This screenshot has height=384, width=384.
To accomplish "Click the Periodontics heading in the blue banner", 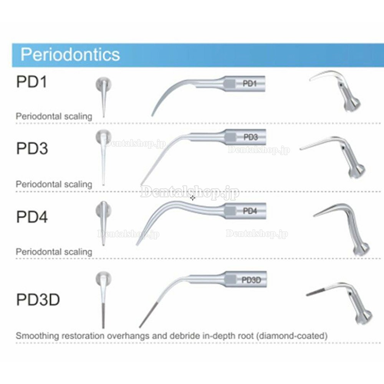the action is [x=70, y=55].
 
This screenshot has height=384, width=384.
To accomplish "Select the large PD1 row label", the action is [x=31, y=81].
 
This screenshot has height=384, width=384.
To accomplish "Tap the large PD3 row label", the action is [x=32, y=148].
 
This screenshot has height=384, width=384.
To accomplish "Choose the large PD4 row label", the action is [x=32, y=217].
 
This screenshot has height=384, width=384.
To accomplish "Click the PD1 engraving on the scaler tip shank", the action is [x=250, y=83].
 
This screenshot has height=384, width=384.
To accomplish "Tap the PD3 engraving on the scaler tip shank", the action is [x=250, y=137].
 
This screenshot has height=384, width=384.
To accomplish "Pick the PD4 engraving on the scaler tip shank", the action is [x=250, y=211].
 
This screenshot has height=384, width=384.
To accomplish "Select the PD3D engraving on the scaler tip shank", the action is [x=251, y=280].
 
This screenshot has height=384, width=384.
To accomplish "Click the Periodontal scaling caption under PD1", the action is [x=54, y=116].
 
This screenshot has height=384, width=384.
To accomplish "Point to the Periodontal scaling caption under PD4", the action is [x=54, y=252].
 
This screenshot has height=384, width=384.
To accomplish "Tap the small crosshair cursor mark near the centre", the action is [x=193, y=198].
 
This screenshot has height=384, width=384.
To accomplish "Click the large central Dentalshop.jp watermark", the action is [x=190, y=192].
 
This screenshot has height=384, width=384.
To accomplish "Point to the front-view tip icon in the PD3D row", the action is [x=103, y=300].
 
